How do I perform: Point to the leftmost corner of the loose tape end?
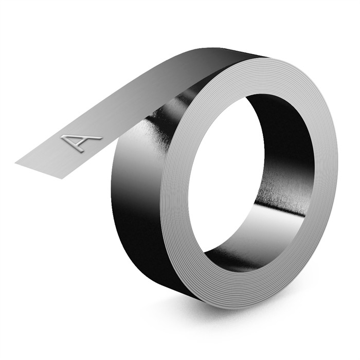click(15, 164)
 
